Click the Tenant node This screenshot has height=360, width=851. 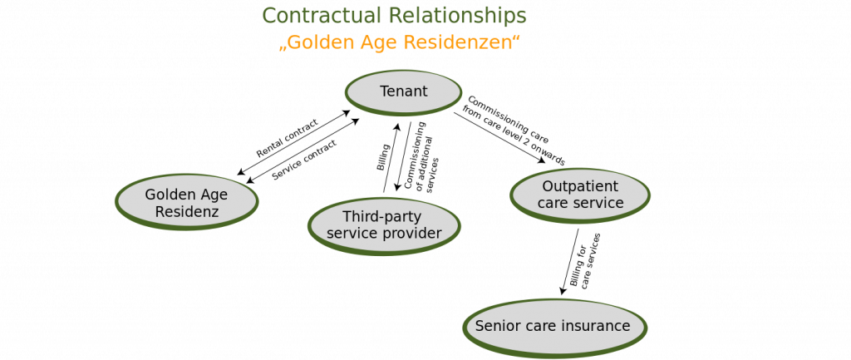(403, 92)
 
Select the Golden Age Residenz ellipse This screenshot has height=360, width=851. (187, 202)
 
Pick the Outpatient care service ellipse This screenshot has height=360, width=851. (580, 195)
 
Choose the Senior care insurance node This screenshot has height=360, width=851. (555, 328)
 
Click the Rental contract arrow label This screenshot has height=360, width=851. (287, 139)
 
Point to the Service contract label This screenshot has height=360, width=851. (304, 160)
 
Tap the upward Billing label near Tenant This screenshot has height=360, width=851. (383, 157)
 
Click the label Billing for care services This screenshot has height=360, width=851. (585, 260)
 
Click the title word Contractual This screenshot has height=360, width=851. (323, 16)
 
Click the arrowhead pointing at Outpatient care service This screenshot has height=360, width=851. (541, 160)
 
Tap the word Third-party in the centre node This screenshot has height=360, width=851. (381, 217)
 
